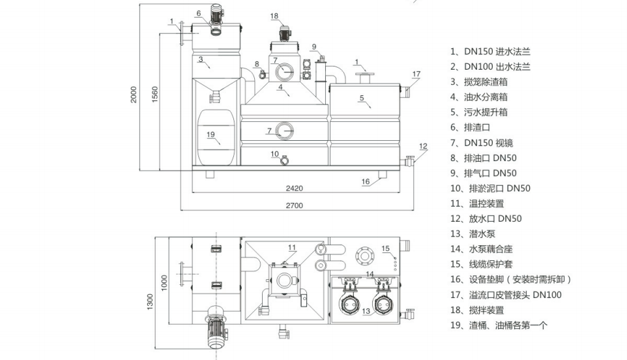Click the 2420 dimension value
tap(295, 188)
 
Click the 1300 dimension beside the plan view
tap(150, 301)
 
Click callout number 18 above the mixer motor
tap(274, 16)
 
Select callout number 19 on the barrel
tap(211, 135)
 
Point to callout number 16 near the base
tap(366, 181)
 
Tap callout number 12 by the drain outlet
tap(422, 146)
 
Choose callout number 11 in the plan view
tap(292, 247)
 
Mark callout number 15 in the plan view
tap(385, 248)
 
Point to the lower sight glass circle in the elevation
tap(285, 130)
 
